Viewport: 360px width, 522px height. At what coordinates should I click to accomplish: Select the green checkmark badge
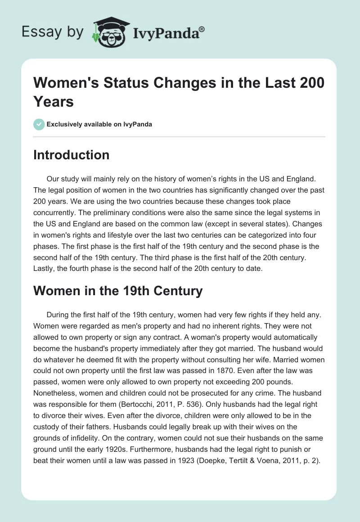coord(39,124)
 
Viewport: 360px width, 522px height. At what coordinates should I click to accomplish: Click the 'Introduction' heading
coord(71,155)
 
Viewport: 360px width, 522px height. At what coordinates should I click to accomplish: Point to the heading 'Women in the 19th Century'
coord(118,291)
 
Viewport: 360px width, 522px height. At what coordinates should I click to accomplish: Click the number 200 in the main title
coord(310,84)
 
